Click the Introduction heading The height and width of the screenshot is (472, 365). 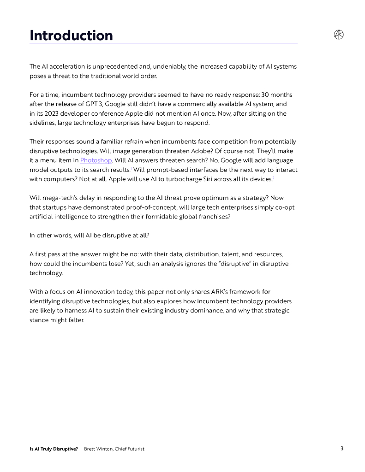[71, 35]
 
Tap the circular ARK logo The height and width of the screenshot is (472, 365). [339, 35]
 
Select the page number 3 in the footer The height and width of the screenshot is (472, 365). [342, 448]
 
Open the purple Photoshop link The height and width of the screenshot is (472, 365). [96, 160]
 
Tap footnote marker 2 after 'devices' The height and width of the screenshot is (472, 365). [274, 177]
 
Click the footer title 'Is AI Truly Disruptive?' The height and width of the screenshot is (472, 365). [54, 449]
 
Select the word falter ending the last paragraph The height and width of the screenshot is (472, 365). [76, 320]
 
